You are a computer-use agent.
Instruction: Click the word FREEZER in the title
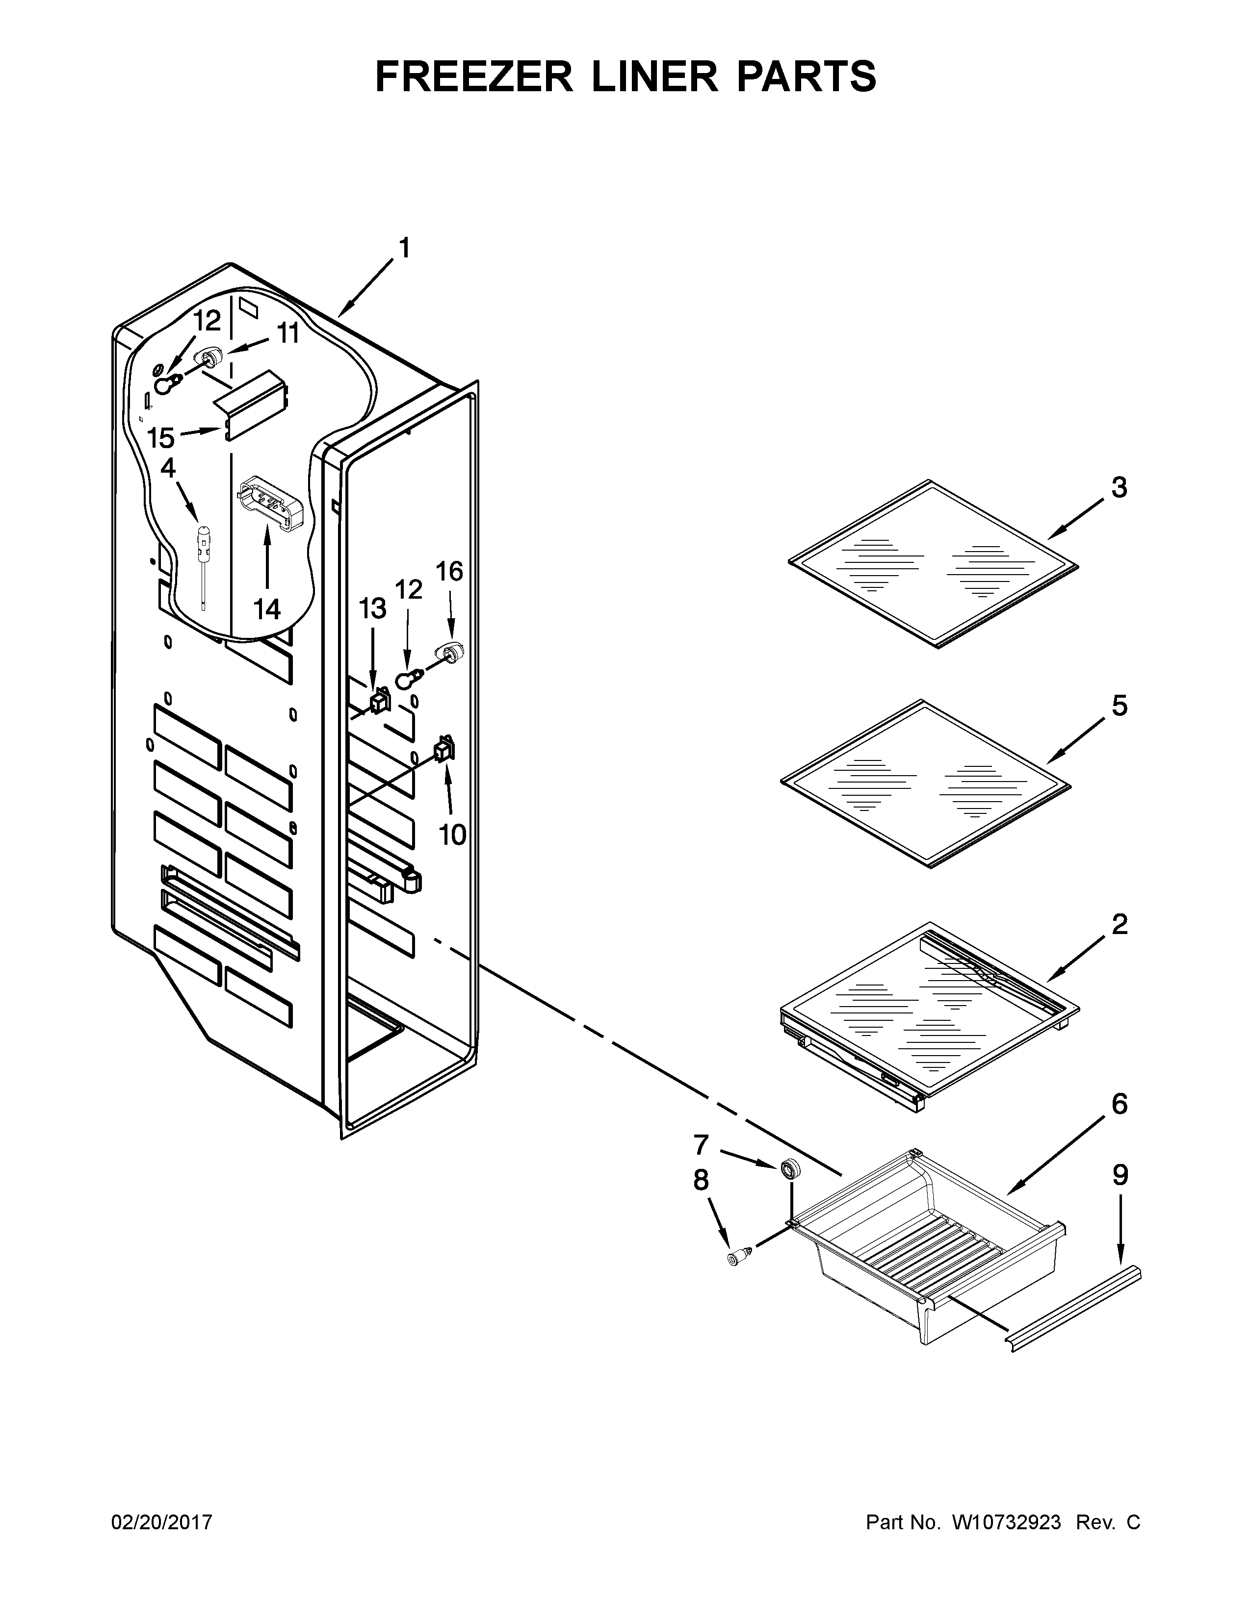tap(474, 77)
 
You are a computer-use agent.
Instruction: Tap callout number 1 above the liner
tap(404, 248)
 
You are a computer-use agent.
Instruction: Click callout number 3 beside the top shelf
tap(1119, 487)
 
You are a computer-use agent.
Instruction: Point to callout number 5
tap(1119, 706)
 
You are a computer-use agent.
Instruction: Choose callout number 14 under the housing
tap(267, 609)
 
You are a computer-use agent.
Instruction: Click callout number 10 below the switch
tap(452, 835)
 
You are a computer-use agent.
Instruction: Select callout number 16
tap(449, 572)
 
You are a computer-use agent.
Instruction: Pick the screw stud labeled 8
tap(737, 1257)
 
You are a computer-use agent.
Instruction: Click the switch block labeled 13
tap(380, 699)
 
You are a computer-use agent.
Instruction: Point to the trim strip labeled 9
tap(1074, 1308)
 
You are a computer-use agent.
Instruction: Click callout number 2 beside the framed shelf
tap(1119, 925)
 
